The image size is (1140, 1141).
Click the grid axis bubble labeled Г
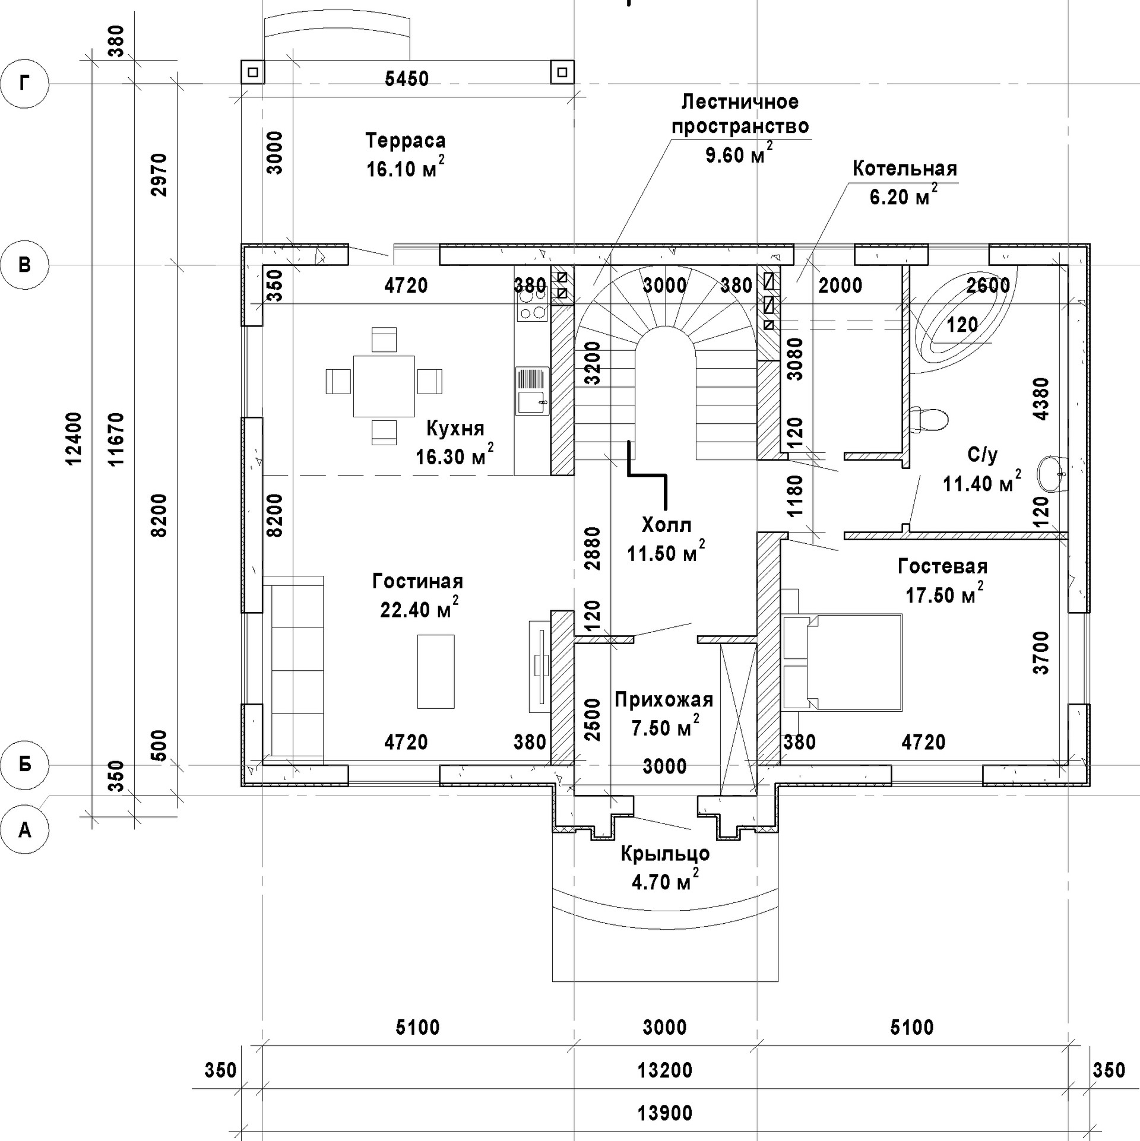tap(24, 84)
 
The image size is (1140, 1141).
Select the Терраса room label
tap(406, 141)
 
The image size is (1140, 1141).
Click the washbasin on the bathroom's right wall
tap(1052, 474)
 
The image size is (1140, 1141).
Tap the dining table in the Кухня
tap(384, 386)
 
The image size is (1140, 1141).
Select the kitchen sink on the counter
tap(532, 391)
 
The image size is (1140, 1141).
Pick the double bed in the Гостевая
tap(843, 662)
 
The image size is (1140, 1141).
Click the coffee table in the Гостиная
tap(436, 671)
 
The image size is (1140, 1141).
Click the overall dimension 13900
tap(665, 1113)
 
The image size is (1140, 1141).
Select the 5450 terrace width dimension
tap(407, 79)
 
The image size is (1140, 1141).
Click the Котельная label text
tap(905, 169)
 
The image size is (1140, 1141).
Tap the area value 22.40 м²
tap(419, 610)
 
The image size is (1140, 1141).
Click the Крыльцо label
tap(665, 854)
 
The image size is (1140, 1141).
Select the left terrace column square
tap(253, 72)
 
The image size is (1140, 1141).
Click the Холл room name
tap(667, 525)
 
